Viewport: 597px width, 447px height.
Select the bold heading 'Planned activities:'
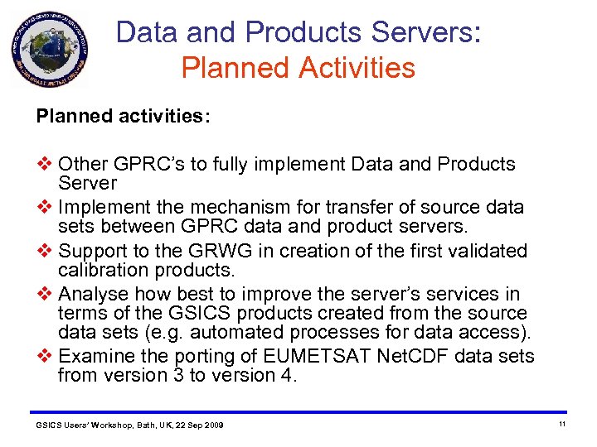coord(123,116)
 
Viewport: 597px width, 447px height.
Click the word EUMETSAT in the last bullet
coord(311,357)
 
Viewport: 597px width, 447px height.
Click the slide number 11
coord(561,424)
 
